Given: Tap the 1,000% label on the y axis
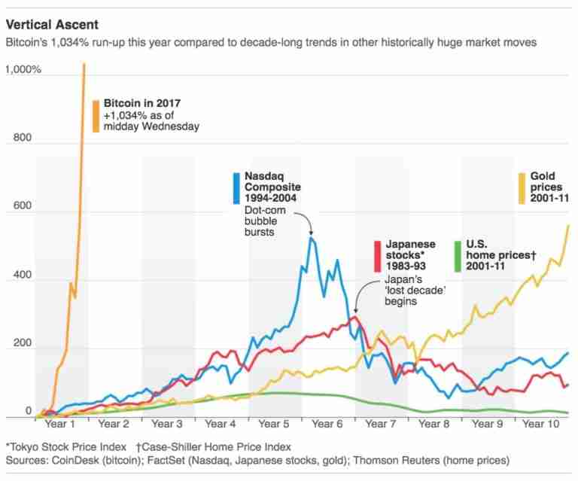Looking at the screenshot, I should (24, 69).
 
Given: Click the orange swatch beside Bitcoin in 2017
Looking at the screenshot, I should (96, 116).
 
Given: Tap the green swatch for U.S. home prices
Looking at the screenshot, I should (458, 256).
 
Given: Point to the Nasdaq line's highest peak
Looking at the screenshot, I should (312, 238).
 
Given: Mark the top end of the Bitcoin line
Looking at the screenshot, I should (84, 64).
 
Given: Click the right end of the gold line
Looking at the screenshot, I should (567, 225).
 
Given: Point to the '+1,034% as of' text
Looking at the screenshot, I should (141, 115).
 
